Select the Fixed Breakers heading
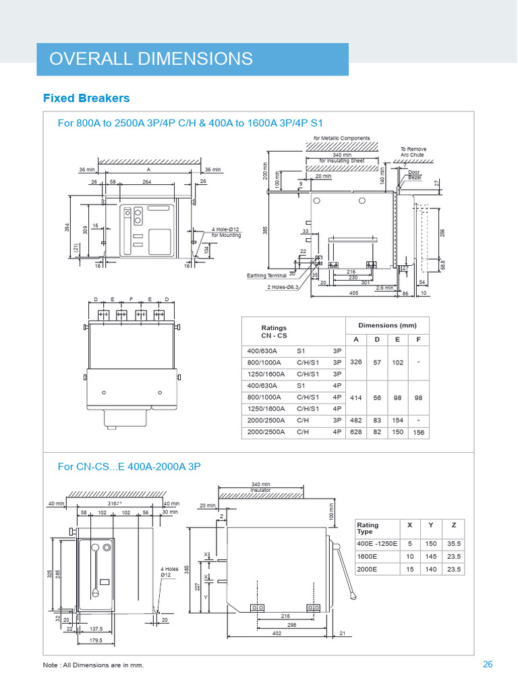(86, 99)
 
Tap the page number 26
(488, 665)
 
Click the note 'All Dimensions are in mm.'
(94, 665)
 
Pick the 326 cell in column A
(356, 362)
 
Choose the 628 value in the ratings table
(356, 432)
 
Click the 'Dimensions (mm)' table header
(388, 325)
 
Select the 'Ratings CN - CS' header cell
(274, 331)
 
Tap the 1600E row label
(368, 557)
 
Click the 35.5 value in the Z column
(454, 543)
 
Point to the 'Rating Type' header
(368, 528)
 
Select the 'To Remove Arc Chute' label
(413, 152)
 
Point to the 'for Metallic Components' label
(341, 138)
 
